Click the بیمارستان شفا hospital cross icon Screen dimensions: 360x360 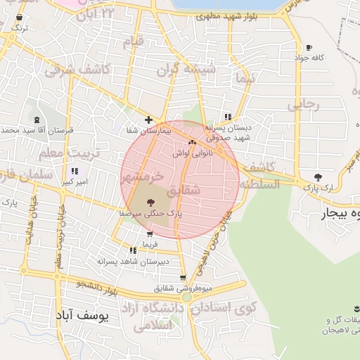pyautogui.click(x=148, y=120)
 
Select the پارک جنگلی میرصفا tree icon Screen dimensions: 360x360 pyautogui.click(x=150, y=202)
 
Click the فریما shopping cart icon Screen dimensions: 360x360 pyautogui.click(x=150, y=234)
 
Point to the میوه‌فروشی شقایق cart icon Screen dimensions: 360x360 pyautogui.click(x=184, y=278)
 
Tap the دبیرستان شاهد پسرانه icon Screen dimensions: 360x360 pyautogui.click(x=133, y=250)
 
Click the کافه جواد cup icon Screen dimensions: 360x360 pyautogui.click(x=309, y=48)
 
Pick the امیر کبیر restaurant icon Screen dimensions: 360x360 pyautogui.click(x=75, y=171)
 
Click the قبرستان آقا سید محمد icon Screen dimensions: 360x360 pyautogui.click(x=37, y=120)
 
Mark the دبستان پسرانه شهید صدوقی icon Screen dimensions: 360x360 pyautogui.click(x=227, y=117)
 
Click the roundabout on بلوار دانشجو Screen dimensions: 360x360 pyautogui.click(x=186, y=298)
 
